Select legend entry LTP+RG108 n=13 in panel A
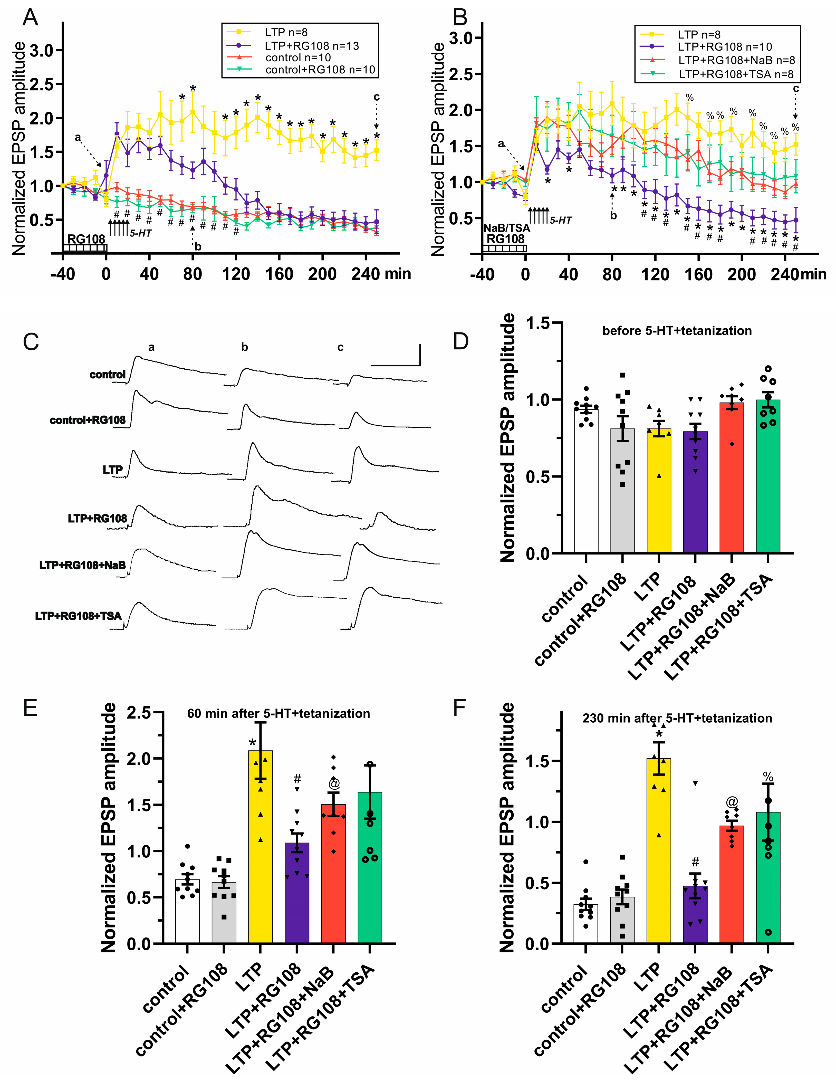[312, 45]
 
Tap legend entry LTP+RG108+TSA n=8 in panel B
[736, 74]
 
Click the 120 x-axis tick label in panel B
[655, 274]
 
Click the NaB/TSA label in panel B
[506, 228]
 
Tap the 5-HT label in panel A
[141, 233]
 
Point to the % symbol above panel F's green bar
[768, 777]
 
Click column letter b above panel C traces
[245, 348]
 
